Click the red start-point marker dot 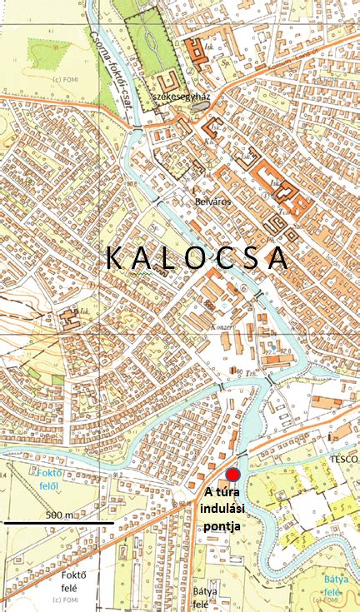point(233,475)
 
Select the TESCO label point(342,459)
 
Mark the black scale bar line point(58,523)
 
